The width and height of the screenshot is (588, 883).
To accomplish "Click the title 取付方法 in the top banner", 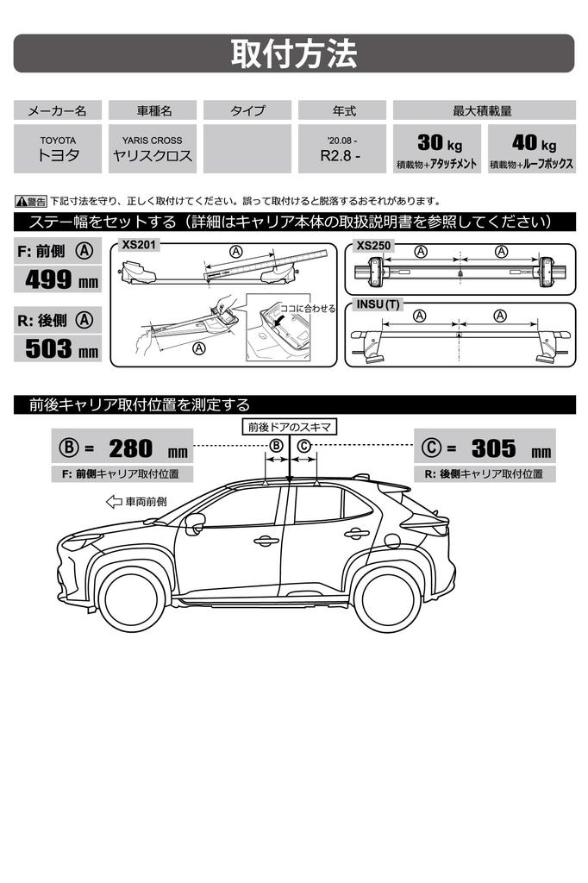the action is point(293,53).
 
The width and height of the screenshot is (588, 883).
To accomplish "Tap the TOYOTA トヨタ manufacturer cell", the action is point(58,148).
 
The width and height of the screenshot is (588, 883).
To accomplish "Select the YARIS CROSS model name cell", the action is point(152,148).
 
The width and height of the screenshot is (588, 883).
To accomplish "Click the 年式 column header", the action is point(342,110).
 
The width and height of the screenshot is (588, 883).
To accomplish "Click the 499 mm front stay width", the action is point(61,280).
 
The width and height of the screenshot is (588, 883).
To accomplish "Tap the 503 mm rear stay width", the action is point(61,348).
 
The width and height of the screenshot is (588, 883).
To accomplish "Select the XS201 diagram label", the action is point(139,245).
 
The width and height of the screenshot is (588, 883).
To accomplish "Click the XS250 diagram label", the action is point(373,246).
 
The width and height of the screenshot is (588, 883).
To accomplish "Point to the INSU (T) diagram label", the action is point(378,304).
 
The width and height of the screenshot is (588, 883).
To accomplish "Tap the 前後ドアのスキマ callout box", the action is point(290,427).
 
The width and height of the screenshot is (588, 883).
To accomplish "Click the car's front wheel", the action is point(131,598).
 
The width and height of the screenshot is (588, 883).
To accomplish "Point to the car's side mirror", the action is point(194,522).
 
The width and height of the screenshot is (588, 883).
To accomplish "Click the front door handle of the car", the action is point(266,542).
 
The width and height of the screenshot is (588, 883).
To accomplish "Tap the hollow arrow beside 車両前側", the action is point(114,501).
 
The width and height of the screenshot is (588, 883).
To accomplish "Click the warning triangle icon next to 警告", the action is point(21,201).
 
